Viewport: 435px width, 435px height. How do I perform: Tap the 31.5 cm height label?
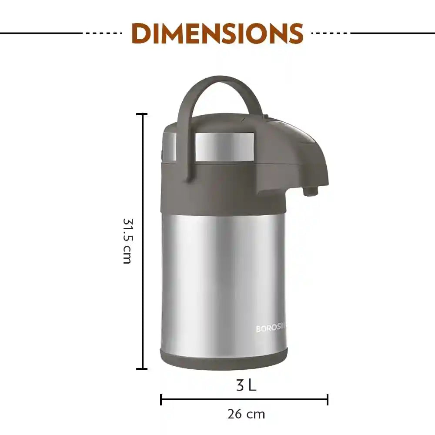coord(127,241)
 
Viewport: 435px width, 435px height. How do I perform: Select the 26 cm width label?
coord(246,414)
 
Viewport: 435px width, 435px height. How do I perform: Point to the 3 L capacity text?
coord(246,385)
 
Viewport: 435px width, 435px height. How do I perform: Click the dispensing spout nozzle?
coord(310,191)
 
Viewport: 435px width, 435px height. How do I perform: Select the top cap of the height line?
coord(142,114)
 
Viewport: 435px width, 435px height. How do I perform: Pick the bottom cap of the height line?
coord(142,369)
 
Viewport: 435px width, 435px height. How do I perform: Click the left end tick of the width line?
coord(161,399)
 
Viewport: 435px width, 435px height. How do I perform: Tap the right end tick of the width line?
coord(328,399)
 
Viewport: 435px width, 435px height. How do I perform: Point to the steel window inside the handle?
coord(224,147)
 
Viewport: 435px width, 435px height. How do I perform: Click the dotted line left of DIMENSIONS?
coord(103,33)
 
